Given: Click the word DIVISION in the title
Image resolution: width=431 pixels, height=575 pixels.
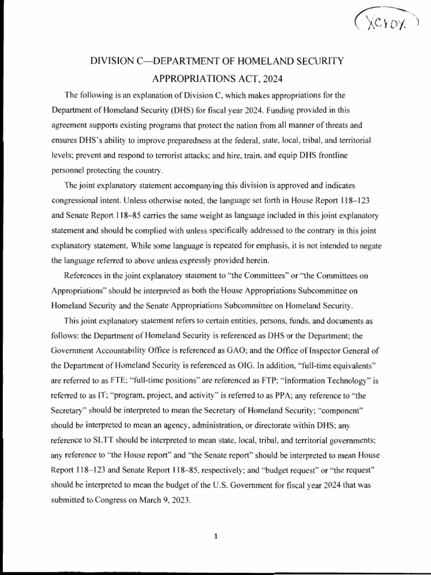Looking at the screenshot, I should point(109,60).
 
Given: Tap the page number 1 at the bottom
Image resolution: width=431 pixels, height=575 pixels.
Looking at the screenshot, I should point(215,536).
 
